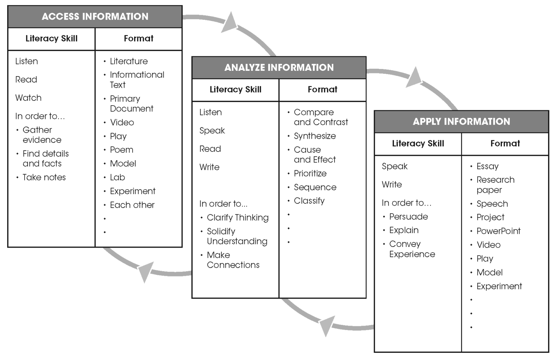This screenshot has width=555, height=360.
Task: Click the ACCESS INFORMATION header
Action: pos(95,17)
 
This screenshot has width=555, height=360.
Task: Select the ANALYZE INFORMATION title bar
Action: pos(279,68)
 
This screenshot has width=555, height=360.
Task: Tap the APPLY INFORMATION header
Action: pos(461,121)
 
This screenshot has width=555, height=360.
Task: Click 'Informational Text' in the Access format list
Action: pos(137,80)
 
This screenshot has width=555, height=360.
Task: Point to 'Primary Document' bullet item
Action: pos(131,103)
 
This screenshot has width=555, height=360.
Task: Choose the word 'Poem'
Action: pos(121,150)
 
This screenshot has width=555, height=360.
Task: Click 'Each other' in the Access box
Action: pos(132,205)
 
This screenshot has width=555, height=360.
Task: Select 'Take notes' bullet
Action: pos(44,177)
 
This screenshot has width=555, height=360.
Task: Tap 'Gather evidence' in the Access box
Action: pos(42,135)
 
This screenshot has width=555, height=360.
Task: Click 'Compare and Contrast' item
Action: pos(320,117)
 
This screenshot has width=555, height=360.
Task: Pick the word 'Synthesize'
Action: pos(314,136)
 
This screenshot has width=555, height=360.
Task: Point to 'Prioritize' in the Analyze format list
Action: pos(310,173)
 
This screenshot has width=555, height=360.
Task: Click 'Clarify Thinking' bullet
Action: pos(237,218)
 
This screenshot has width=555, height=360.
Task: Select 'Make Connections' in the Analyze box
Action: pos(233,260)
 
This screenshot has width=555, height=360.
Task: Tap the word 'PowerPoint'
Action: pos(498,231)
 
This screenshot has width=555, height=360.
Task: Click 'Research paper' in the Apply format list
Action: pos(495,185)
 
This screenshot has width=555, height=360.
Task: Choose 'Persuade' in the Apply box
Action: pos(408,217)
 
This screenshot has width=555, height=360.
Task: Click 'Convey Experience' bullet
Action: pos(412,249)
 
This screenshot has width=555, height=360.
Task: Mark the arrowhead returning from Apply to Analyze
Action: pos(327,325)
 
